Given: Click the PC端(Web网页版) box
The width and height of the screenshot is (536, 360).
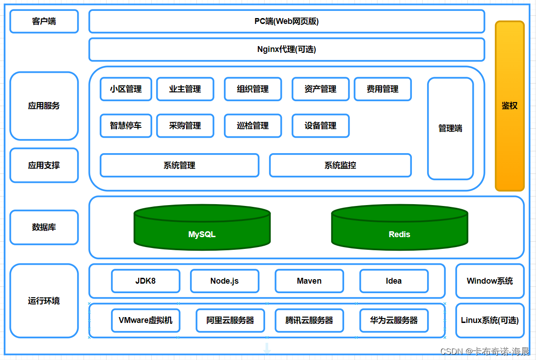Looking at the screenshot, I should pyautogui.click(x=286, y=21).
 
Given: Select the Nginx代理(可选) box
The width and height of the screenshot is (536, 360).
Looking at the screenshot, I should pyautogui.click(x=286, y=49).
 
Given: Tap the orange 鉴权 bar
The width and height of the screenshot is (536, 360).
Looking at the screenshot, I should pyautogui.click(x=509, y=106).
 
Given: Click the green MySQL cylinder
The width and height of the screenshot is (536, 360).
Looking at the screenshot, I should pyautogui.click(x=202, y=230).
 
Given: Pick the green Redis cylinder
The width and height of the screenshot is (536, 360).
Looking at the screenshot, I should pyautogui.click(x=399, y=230).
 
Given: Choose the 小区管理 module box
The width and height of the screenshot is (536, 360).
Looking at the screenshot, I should pyautogui.click(x=126, y=89).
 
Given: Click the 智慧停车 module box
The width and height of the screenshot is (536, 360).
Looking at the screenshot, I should pyautogui.click(x=126, y=126).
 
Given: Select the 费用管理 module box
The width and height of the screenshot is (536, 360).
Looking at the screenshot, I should pyautogui.click(x=382, y=89).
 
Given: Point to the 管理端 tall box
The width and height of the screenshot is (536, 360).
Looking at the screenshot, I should pyautogui.click(x=450, y=128).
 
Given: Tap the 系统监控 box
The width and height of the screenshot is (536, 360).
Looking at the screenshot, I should pyautogui.click(x=340, y=165).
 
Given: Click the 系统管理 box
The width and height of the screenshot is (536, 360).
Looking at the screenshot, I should pyautogui.click(x=179, y=165).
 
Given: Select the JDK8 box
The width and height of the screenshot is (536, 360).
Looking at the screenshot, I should pyautogui.click(x=145, y=281).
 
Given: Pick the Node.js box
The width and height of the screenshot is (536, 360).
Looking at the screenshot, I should pyautogui.click(x=224, y=281).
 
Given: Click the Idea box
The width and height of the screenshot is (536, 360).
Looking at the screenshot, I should pyautogui.click(x=394, y=281).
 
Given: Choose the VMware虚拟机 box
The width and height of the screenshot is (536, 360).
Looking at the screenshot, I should pyautogui.click(x=145, y=320).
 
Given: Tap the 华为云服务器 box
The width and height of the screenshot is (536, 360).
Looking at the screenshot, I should pyautogui.click(x=394, y=320).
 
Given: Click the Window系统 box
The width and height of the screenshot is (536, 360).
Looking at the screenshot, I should pyautogui.click(x=489, y=281).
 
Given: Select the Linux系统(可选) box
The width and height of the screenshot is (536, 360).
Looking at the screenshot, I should pyautogui.click(x=489, y=320).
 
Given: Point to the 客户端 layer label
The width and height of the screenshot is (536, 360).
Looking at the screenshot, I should pyautogui.click(x=44, y=21).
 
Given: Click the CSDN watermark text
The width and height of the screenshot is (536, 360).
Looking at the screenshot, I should pyautogui.click(x=485, y=351).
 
